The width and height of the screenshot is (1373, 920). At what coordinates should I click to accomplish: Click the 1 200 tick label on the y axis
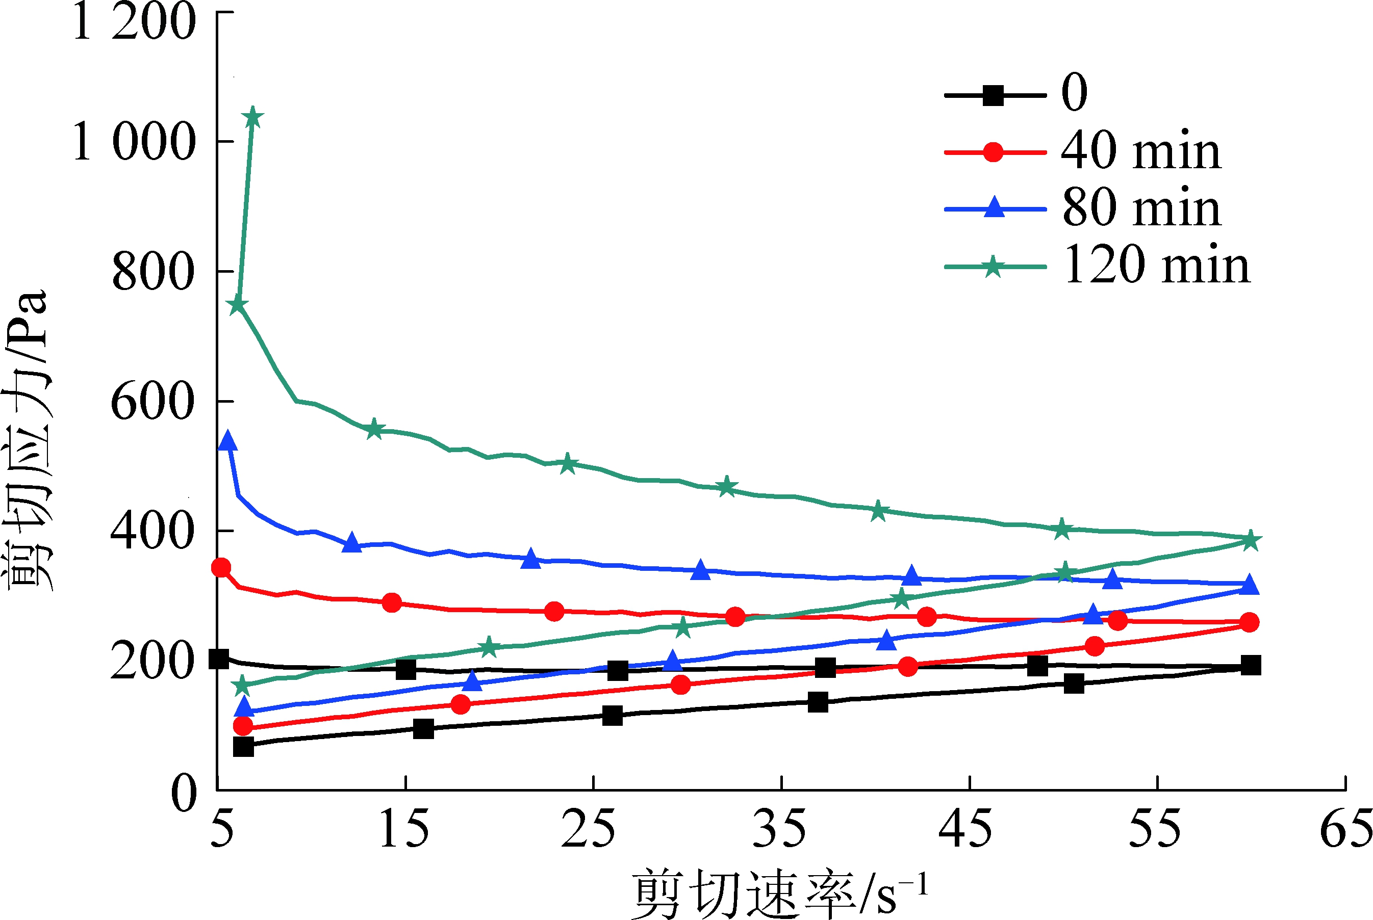tap(134, 22)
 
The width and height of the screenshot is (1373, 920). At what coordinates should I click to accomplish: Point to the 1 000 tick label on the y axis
tap(134, 142)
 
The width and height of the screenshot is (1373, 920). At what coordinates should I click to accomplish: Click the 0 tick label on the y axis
tap(184, 792)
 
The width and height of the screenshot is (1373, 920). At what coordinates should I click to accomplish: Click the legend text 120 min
tap(1156, 265)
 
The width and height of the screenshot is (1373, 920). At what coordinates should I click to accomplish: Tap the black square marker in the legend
tap(993, 95)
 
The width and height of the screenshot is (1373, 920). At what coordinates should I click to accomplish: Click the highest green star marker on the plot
tap(253, 117)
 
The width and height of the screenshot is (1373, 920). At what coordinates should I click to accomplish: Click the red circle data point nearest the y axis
tap(221, 567)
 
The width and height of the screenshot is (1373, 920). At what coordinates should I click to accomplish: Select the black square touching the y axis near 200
tap(219, 659)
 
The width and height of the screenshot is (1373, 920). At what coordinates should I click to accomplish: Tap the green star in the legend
tap(993, 267)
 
